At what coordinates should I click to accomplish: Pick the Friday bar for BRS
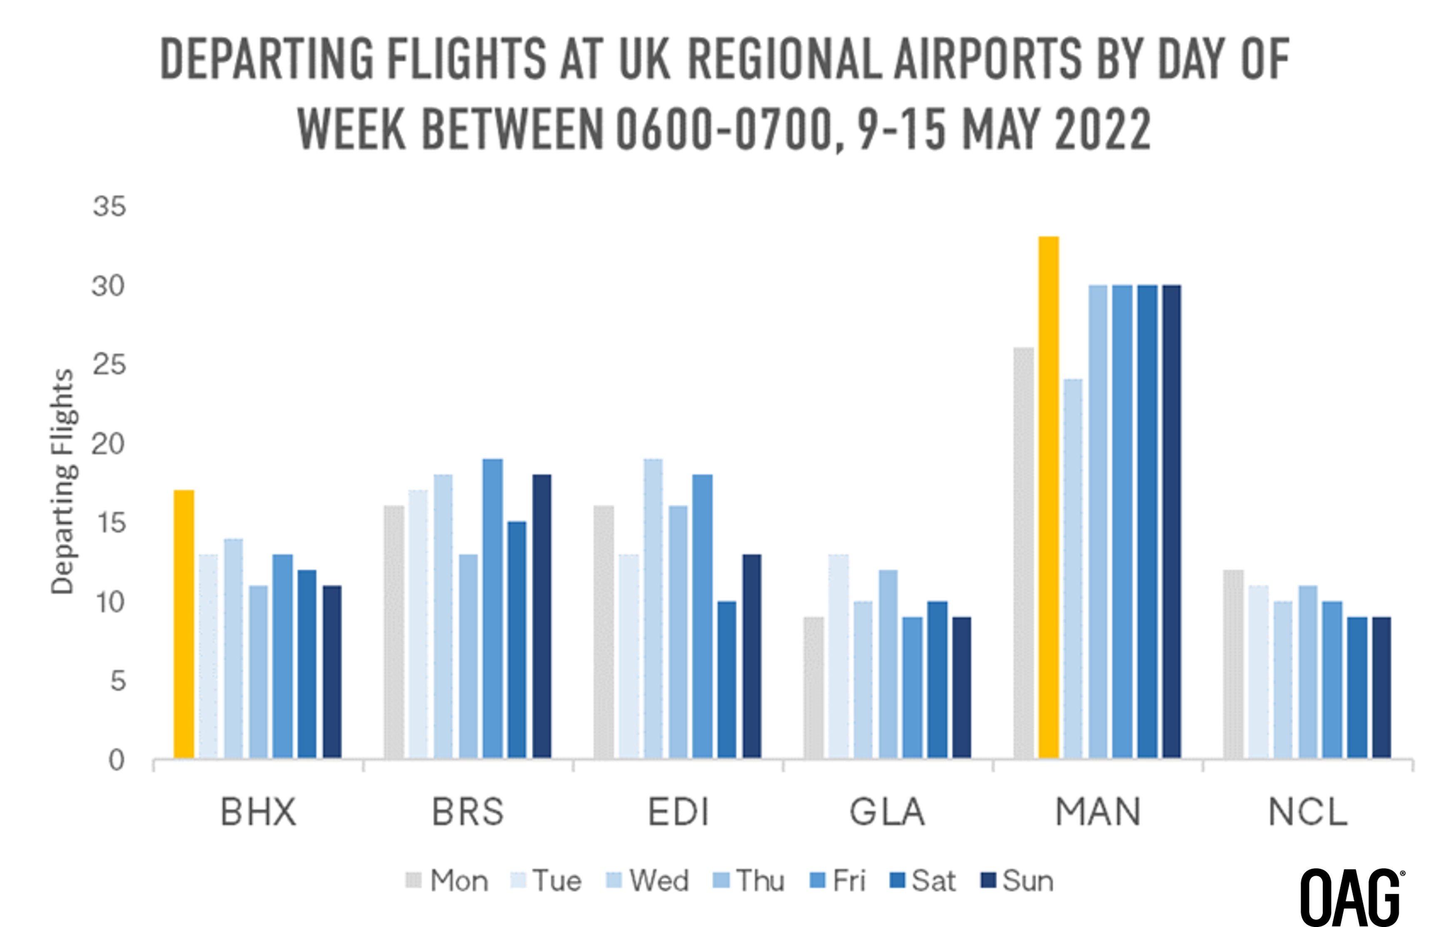click(492, 608)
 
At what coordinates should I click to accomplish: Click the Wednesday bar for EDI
click(653, 608)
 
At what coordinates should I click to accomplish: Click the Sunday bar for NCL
click(1381, 687)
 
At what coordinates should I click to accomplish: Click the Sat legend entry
click(923, 881)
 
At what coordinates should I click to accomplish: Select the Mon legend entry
click(447, 881)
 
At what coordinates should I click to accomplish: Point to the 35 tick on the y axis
click(109, 207)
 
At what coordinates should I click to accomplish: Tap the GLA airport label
click(887, 812)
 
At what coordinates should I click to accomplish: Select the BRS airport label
click(468, 812)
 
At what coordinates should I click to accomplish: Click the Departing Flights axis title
click(62, 482)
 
